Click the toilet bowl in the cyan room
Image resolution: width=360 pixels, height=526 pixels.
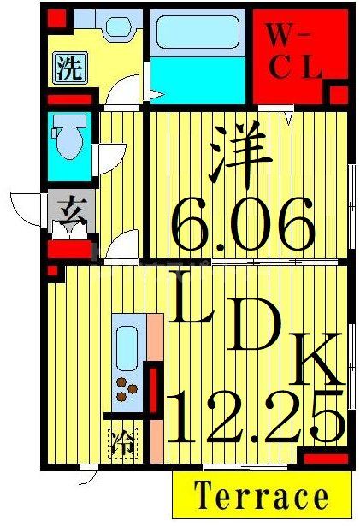[66, 140]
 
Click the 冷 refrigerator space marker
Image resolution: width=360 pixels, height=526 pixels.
[121, 443]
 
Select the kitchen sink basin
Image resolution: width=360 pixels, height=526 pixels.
[128, 347]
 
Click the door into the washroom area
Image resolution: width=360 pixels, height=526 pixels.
[127, 91]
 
